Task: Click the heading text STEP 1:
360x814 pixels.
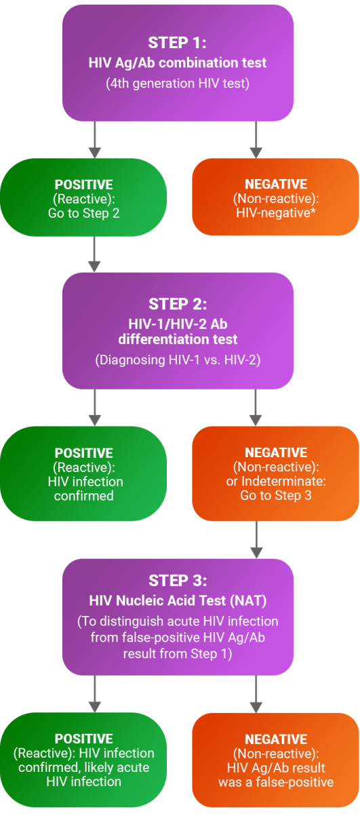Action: click(177, 43)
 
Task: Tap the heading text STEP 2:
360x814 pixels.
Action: click(178, 304)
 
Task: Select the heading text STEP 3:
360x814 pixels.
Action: click(178, 581)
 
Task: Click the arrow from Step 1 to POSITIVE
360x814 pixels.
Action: click(95, 140)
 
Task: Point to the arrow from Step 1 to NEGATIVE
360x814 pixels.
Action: click(256, 140)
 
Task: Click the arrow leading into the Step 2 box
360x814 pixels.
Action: click(94, 254)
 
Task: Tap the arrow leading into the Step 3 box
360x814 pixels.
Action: click(256, 540)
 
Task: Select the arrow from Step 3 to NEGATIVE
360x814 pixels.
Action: click(256, 694)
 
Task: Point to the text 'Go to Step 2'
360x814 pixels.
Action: click(83, 213)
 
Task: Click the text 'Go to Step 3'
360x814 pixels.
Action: click(276, 495)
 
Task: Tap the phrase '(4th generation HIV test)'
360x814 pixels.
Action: click(178, 83)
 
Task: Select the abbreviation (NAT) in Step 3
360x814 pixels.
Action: click(249, 601)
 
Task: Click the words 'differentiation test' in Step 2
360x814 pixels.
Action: click(178, 339)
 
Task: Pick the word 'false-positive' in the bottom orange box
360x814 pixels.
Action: click(295, 781)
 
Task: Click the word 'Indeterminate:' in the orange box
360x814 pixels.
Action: click(283, 481)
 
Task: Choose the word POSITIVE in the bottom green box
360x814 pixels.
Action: click(83, 739)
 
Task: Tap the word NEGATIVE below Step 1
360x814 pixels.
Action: click(276, 185)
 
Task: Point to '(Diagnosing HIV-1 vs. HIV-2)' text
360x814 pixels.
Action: click(178, 360)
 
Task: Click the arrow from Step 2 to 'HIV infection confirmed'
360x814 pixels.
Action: click(95, 408)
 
